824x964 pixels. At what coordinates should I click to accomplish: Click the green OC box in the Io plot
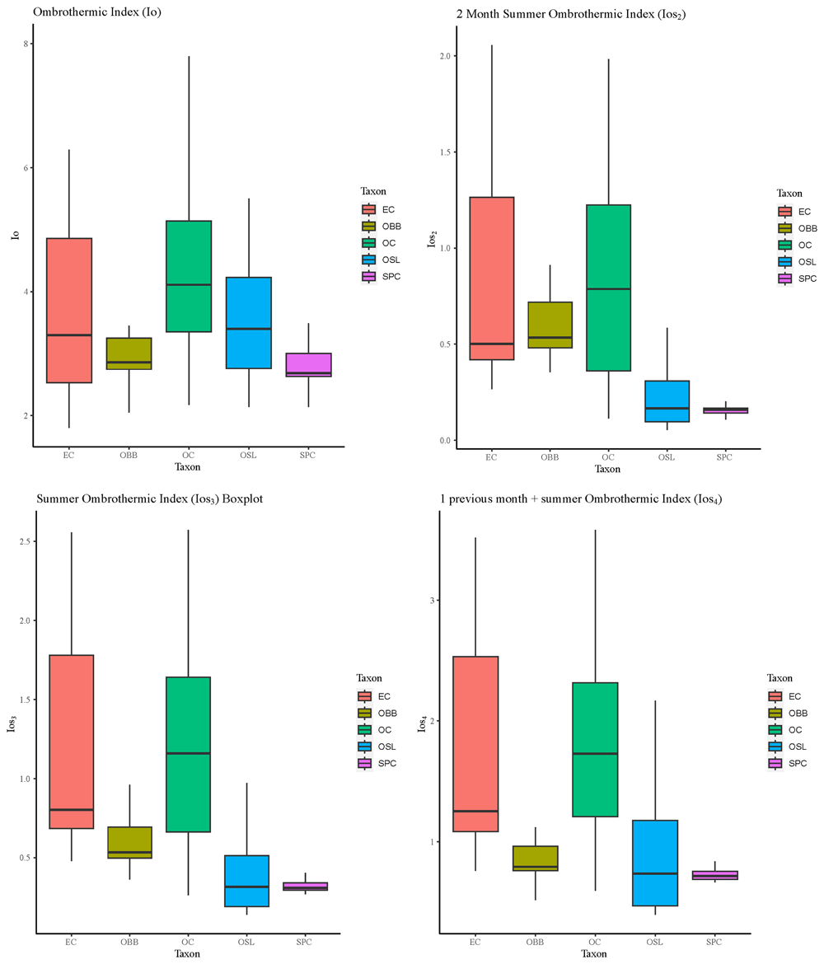click(189, 276)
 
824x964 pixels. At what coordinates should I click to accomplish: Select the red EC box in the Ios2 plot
click(491, 278)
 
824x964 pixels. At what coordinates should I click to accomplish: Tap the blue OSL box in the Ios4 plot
click(655, 863)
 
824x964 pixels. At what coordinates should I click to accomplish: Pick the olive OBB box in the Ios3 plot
click(129, 842)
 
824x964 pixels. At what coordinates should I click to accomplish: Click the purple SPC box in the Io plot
click(309, 364)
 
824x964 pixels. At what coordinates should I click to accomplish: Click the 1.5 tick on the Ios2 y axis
click(445, 152)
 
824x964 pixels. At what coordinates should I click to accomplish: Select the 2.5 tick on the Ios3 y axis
click(25, 541)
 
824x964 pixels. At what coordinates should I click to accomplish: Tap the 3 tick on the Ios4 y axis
click(432, 600)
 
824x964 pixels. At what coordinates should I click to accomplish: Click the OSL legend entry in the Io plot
click(382, 260)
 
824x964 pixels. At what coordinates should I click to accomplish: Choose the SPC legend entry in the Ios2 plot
click(797, 278)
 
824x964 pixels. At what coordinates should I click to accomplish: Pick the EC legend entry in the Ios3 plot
click(374, 696)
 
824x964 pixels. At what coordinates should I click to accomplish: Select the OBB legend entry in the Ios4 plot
click(789, 714)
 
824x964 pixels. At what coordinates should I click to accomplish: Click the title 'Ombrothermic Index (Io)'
click(97, 12)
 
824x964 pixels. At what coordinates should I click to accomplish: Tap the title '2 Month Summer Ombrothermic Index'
click(555, 13)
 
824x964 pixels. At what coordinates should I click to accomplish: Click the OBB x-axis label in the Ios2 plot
click(550, 456)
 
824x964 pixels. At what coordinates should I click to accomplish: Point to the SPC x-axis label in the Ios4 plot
click(714, 942)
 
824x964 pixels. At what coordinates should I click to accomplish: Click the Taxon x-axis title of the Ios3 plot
click(187, 953)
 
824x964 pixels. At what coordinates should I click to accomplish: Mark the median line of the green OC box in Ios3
click(188, 753)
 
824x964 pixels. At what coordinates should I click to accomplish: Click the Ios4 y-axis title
click(423, 723)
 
